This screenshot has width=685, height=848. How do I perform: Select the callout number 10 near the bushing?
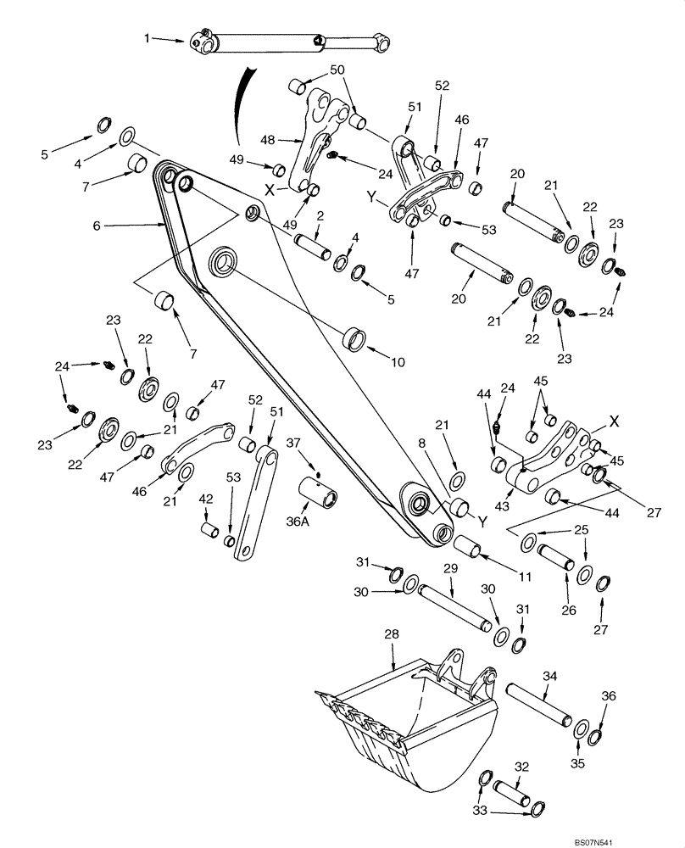(398, 361)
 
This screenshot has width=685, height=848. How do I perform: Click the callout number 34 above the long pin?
(549, 675)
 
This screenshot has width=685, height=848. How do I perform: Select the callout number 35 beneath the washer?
(579, 749)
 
